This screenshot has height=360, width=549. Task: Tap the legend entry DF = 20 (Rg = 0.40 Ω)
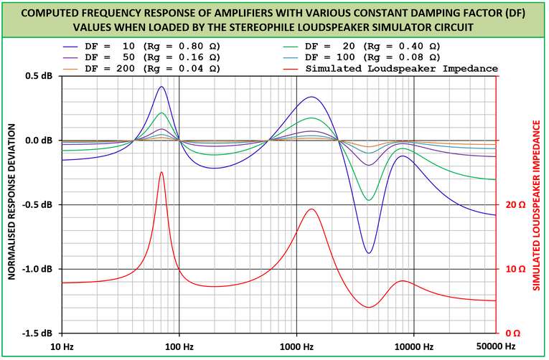[x=372, y=45]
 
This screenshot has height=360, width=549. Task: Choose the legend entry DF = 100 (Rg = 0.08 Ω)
[x=372, y=57]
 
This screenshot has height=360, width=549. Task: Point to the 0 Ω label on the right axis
[x=512, y=333]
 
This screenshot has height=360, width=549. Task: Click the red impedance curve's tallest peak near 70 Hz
[x=161, y=172]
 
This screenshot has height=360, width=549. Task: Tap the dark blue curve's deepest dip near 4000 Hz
[x=369, y=253]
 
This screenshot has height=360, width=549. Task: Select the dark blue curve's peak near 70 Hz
[x=161, y=87]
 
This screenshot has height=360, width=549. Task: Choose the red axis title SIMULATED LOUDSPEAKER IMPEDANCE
[x=536, y=205]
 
